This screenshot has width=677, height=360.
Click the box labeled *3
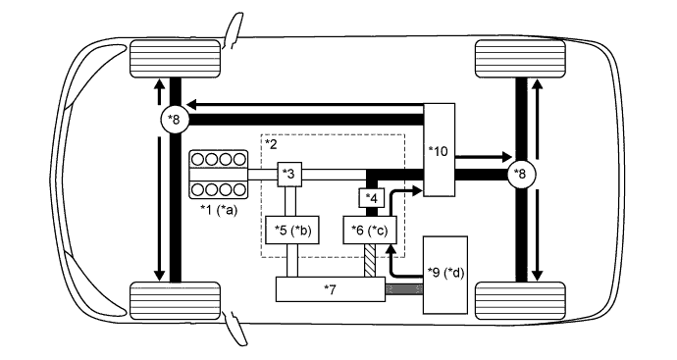pos(289,175)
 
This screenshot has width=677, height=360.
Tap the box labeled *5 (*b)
pos(292,231)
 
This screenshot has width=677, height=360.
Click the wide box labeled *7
pos(331,289)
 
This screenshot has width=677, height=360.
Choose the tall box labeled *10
pos(440,150)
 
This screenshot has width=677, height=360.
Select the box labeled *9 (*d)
pos(445,275)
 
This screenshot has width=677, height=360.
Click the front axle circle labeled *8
pos(174,119)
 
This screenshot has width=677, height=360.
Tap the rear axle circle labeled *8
pos(522,174)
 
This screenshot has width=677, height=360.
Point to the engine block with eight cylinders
pos(219,175)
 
